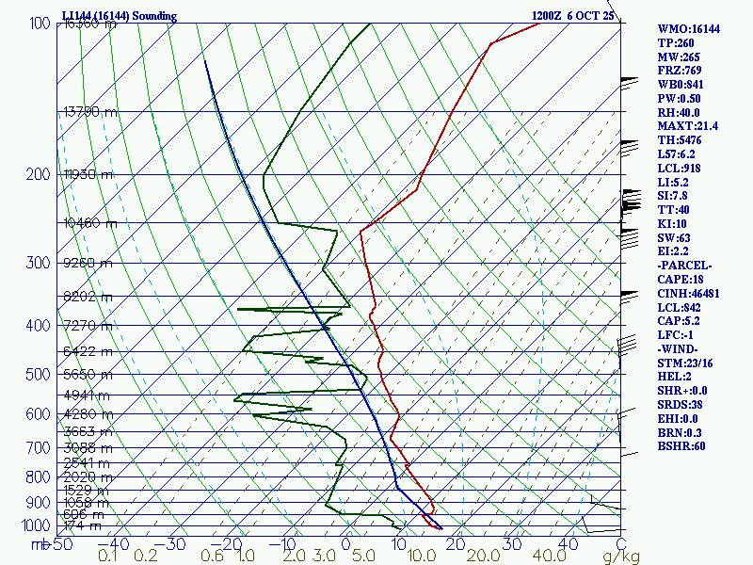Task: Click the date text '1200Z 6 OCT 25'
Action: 572,16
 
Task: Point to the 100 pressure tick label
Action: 40,24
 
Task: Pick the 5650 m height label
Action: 87,374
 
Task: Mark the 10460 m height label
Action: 90,223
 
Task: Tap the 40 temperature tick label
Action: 569,544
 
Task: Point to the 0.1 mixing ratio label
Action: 108,557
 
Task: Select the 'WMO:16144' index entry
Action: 688,29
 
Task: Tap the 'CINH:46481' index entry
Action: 689,294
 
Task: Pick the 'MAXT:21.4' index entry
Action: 687,126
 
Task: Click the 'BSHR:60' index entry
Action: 681,446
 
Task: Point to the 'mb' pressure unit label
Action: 39,544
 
